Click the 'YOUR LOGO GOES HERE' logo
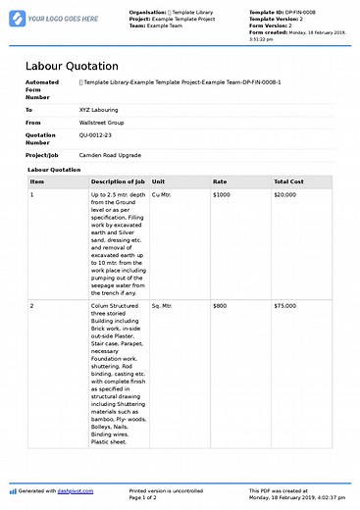coord(57,19)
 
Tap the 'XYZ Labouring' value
coord(100,111)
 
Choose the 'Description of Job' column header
coord(118,181)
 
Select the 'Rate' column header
coord(220,181)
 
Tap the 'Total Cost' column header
coord(288,181)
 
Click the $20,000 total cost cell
coord(285,195)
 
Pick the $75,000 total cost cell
coord(285,306)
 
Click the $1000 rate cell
coord(222,195)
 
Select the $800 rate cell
coord(220,306)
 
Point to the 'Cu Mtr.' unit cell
coord(162,195)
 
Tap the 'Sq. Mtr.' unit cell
coord(162,306)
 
